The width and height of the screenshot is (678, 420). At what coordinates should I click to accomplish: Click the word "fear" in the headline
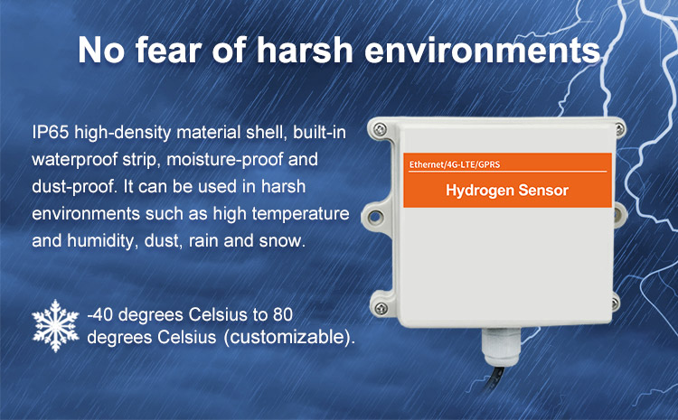coord(169,50)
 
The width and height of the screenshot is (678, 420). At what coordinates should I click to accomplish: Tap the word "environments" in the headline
coord(483,51)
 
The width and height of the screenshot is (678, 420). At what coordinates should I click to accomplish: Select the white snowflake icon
coord(55,325)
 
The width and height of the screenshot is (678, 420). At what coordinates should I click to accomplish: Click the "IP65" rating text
coord(50,132)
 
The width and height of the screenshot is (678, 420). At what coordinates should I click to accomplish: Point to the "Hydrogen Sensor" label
coord(507,191)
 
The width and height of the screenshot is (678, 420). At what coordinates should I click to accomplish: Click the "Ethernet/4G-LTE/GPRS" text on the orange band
coord(455,164)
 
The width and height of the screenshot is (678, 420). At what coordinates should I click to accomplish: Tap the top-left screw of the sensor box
coord(380,129)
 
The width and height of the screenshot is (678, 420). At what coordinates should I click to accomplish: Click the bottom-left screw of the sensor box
coord(381,308)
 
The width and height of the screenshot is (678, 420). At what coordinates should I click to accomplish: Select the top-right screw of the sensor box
coord(618,128)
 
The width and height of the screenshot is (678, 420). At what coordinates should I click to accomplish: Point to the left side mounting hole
coord(374,216)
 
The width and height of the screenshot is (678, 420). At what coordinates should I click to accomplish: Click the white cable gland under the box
coord(501,346)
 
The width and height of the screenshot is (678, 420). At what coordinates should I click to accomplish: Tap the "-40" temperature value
coord(99,314)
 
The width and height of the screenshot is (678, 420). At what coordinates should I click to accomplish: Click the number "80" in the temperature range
coord(283,314)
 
